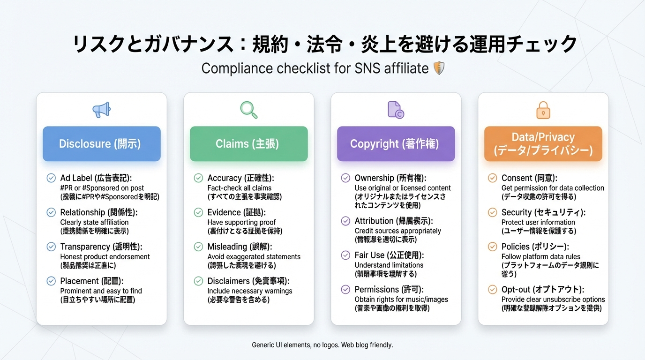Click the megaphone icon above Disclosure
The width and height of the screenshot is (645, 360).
click(x=101, y=110)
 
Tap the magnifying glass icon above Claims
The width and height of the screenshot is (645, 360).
click(x=248, y=110)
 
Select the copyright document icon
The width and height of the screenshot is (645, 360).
click(x=396, y=110)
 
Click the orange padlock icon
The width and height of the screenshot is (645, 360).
click(x=543, y=110)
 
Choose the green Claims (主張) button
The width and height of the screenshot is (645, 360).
click(x=248, y=144)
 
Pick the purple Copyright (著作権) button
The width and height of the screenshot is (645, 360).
click(x=396, y=144)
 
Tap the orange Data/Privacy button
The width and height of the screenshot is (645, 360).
click(x=543, y=144)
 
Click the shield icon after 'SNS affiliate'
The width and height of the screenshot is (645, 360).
click(x=439, y=68)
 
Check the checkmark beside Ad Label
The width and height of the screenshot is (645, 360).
click(x=51, y=178)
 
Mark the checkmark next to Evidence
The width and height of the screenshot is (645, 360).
click(x=198, y=212)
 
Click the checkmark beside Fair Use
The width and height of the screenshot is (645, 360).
click(x=345, y=255)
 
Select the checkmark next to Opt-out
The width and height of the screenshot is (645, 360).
click(x=492, y=290)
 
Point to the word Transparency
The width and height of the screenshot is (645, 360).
click(x=85, y=247)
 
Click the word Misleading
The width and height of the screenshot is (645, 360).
click(x=227, y=247)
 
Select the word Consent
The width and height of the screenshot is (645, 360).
click(x=517, y=178)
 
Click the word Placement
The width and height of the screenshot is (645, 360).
click(x=79, y=281)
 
